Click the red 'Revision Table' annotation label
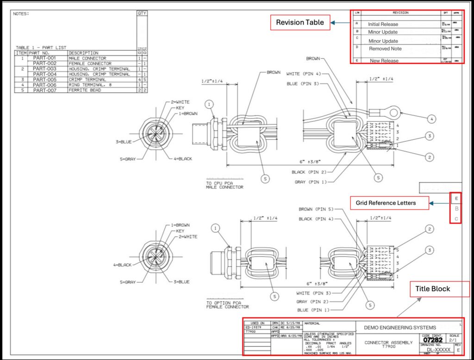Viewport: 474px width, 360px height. (x=300, y=23)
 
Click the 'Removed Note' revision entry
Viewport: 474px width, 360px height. (x=385, y=49)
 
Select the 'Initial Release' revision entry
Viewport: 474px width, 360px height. (x=383, y=24)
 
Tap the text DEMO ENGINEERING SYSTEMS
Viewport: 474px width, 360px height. (x=400, y=328)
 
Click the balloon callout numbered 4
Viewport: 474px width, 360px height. (x=431, y=119)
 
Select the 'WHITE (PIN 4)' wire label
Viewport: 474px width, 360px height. (x=303, y=74)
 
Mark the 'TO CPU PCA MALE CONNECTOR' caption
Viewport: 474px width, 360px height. (x=225, y=185)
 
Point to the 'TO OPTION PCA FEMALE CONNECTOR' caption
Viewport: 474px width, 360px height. (x=227, y=304)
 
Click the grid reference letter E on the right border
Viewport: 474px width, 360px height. (x=456, y=199)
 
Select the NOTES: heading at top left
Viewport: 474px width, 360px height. (x=21, y=14)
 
